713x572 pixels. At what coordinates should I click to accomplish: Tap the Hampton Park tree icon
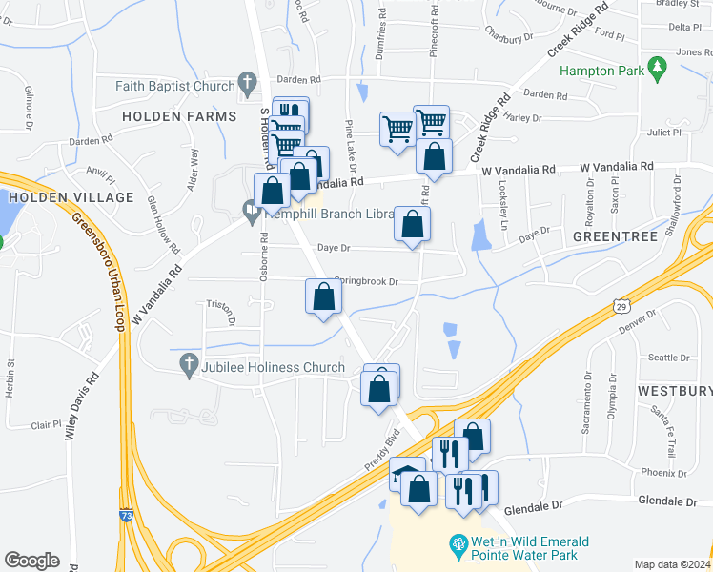[x=656, y=68]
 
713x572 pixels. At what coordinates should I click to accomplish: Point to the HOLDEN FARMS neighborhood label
[x=179, y=116]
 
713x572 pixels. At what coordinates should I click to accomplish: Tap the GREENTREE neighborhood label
[x=616, y=235]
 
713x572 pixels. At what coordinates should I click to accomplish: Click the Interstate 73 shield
[x=126, y=515]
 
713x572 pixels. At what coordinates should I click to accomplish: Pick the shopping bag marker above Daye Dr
[x=413, y=226]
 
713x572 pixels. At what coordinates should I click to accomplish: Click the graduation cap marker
[x=407, y=474]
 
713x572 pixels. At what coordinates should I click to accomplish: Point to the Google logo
[x=31, y=561]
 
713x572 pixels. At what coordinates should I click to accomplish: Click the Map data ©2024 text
[x=672, y=564]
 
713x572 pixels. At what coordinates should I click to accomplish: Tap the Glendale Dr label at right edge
[x=669, y=500]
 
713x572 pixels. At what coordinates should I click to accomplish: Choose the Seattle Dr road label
[x=668, y=358]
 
